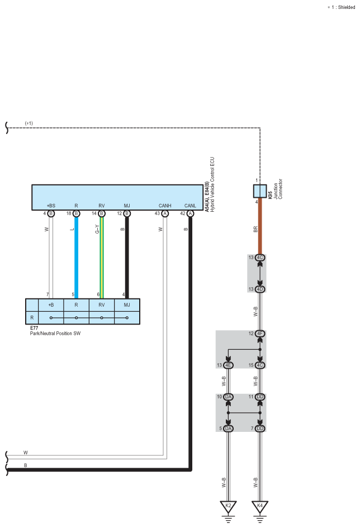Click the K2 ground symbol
[x=228, y=507]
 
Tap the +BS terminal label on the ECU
[x=51, y=206]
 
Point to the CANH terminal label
[x=165, y=206]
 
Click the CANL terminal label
[x=191, y=206]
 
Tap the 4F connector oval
[x=260, y=334]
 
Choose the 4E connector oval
[x=228, y=365]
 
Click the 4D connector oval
[x=260, y=289]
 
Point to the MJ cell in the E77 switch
[x=127, y=305]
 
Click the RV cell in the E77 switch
[x=102, y=305]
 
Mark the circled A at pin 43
[x=165, y=213]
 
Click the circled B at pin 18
[x=76, y=213]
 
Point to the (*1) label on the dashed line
[x=29, y=123]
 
